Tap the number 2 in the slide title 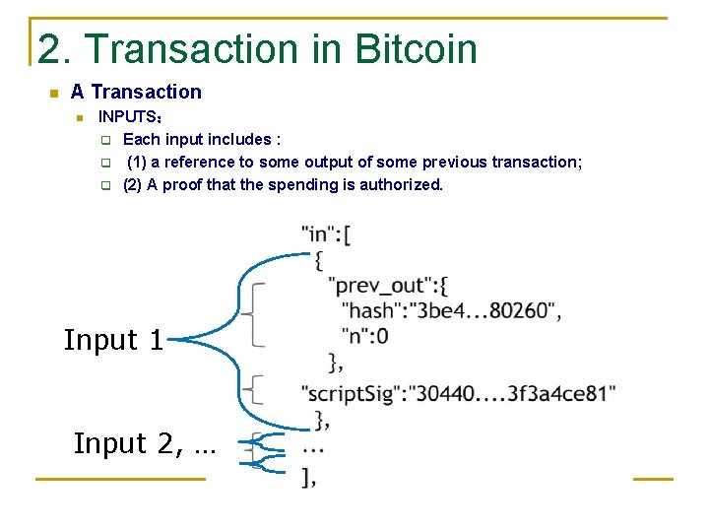tap(48, 49)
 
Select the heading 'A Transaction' tap(136, 92)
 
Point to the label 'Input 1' tap(113, 341)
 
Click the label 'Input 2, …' tap(144, 444)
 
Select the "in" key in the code tap(317, 234)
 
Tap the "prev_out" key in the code tap(380, 286)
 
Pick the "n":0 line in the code tap(364, 336)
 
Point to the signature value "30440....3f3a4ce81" tap(514, 394)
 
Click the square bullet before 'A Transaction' tap(53, 94)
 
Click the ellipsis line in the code tap(313, 447)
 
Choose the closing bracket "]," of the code tap(310, 479)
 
